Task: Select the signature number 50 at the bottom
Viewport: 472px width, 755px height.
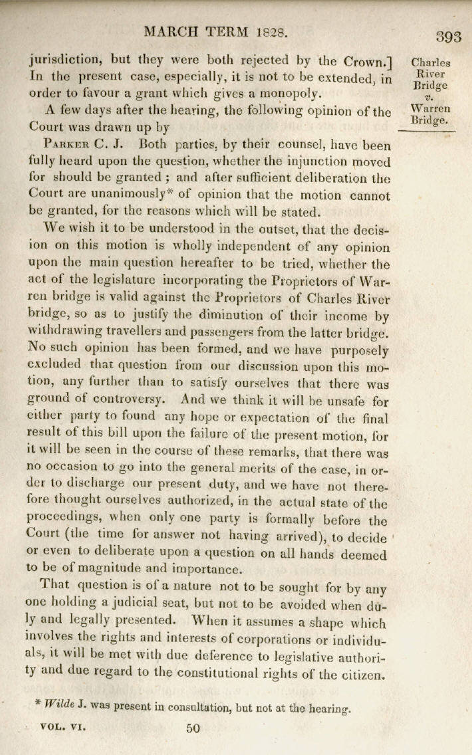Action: click(193, 728)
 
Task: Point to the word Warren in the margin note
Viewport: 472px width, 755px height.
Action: click(430, 108)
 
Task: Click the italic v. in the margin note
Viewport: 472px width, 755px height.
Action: click(430, 97)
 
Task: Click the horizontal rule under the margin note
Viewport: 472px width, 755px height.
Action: click(425, 132)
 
